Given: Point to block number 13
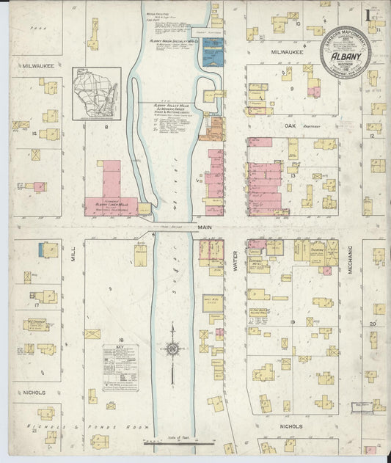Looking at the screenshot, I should click(292, 176).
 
